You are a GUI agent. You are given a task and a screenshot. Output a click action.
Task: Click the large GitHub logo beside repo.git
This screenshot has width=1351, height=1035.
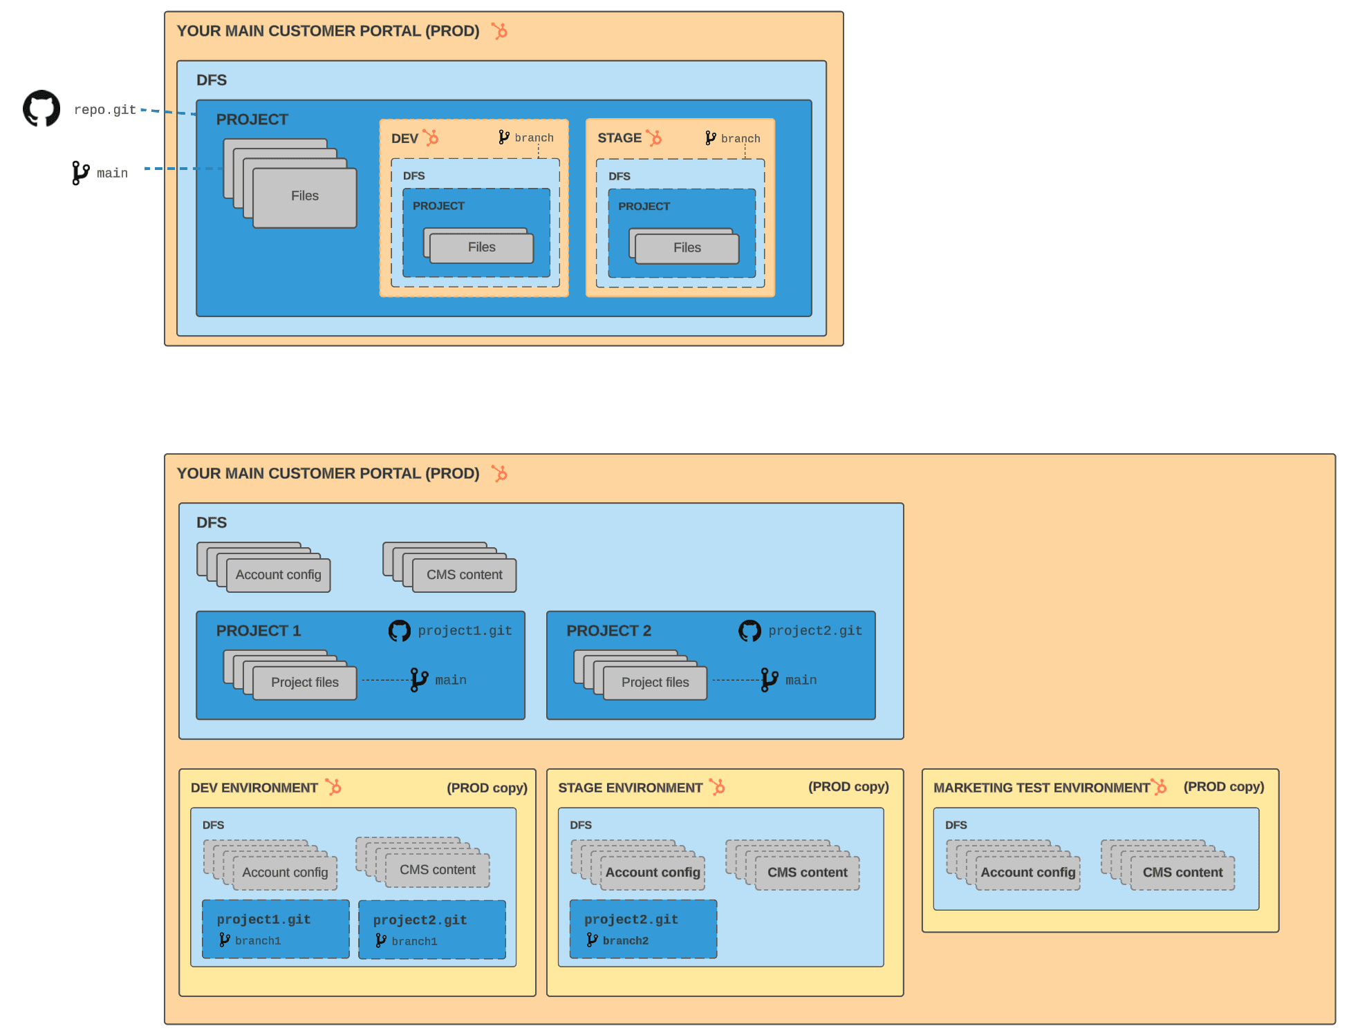(x=41, y=108)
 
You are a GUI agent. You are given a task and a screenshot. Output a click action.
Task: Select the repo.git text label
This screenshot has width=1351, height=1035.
(x=104, y=110)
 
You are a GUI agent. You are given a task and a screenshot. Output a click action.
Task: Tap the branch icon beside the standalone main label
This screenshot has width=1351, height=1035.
(x=80, y=173)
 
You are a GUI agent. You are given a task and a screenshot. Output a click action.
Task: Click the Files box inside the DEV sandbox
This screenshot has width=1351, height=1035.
(x=481, y=248)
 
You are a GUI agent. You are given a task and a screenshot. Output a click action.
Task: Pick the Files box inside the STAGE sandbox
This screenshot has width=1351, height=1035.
(x=687, y=249)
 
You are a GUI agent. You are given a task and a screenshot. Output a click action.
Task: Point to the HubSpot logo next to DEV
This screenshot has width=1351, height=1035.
(x=431, y=137)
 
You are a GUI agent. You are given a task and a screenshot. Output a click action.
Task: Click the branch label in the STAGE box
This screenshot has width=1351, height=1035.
(x=740, y=139)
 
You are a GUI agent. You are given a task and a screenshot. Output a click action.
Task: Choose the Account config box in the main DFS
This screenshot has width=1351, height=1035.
(x=278, y=575)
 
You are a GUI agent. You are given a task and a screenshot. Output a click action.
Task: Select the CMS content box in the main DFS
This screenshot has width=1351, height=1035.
(x=464, y=575)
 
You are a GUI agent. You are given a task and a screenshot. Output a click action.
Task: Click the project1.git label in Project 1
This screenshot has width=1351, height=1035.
(x=465, y=631)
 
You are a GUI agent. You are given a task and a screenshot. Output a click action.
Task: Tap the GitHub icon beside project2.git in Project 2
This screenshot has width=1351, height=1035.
(x=749, y=631)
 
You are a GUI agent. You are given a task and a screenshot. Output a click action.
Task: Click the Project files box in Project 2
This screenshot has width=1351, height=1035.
(x=655, y=683)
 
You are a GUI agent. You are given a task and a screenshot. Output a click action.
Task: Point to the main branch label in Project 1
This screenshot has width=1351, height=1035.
(x=450, y=681)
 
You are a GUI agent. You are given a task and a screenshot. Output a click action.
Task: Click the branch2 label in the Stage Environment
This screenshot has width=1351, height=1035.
(x=625, y=941)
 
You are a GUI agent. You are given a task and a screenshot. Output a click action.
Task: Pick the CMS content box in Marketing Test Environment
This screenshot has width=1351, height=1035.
(x=1182, y=873)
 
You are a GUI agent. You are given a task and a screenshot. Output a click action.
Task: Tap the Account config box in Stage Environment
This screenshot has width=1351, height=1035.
(x=653, y=873)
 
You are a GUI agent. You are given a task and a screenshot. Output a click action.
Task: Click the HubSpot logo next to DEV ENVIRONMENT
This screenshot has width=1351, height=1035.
(x=334, y=787)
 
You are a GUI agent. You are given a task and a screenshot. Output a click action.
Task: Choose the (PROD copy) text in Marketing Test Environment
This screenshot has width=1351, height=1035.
(x=1224, y=787)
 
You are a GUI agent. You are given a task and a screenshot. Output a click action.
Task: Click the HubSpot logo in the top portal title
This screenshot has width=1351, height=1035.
(x=499, y=31)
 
